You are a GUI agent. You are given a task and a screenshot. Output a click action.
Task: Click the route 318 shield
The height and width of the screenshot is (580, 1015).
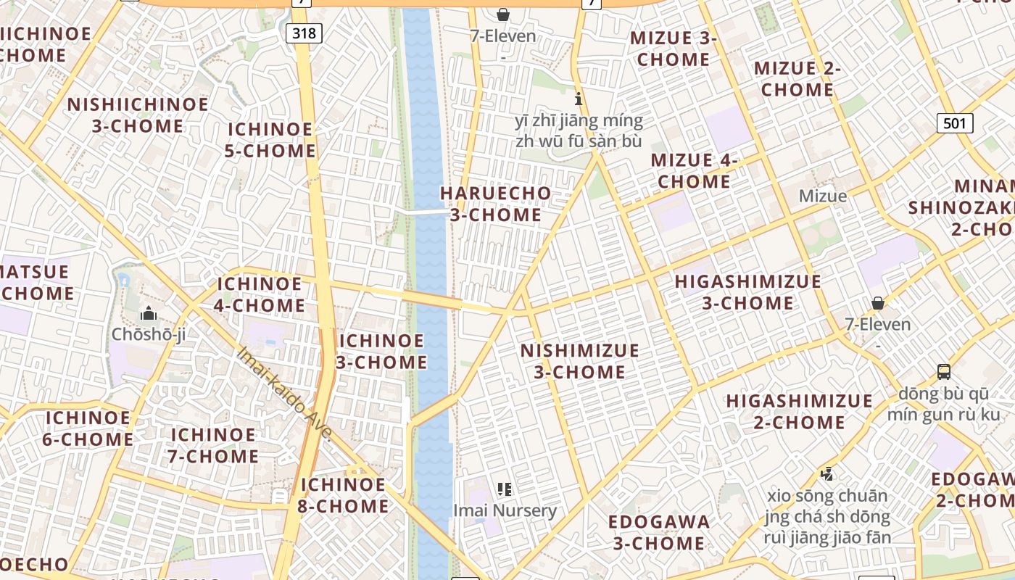(x=304, y=33)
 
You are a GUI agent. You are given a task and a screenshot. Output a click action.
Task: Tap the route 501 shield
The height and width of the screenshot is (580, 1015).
(x=954, y=123)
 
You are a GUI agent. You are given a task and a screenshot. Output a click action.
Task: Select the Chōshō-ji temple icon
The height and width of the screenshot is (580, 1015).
(x=149, y=314)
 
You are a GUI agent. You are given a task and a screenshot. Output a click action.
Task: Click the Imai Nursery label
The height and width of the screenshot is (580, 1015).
(x=505, y=510)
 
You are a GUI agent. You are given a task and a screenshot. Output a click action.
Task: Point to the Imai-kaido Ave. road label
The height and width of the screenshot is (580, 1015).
(x=285, y=394)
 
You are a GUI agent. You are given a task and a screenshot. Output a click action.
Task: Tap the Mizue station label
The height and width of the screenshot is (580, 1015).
(x=822, y=196)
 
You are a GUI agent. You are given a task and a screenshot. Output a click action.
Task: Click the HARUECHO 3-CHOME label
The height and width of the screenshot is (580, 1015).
(x=495, y=204)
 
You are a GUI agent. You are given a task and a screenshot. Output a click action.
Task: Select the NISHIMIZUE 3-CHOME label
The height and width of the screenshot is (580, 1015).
(x=579, y=361)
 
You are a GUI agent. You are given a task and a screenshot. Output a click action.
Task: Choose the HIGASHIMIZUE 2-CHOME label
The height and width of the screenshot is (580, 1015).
(x=799, y=411)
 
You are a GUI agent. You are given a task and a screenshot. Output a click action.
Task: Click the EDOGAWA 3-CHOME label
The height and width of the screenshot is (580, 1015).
(x=658, y=532)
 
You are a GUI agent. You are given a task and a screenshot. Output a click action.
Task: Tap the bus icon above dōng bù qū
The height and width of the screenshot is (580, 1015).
(x=943, y=372)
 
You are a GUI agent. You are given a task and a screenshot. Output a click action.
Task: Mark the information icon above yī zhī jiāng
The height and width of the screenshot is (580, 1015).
(x=578, y=99)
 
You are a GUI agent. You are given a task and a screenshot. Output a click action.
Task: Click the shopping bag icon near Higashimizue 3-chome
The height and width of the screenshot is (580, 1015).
(x=877, y=302)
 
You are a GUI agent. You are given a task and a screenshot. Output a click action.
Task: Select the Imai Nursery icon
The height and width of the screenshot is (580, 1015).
(x=505, y=490)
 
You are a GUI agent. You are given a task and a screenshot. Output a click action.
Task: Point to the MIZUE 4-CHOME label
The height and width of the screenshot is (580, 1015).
(x=694, y=170)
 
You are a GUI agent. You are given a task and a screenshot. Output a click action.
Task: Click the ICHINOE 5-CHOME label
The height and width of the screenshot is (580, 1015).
(x=271, y=140)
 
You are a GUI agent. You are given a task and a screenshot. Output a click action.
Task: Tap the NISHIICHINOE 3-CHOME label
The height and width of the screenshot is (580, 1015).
(x=138, y=115)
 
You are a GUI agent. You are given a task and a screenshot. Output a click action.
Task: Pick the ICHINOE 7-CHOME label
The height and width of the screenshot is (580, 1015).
(x=214, y=445)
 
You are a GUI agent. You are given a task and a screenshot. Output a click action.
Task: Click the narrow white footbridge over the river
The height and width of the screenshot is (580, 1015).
(x=428, y=212)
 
